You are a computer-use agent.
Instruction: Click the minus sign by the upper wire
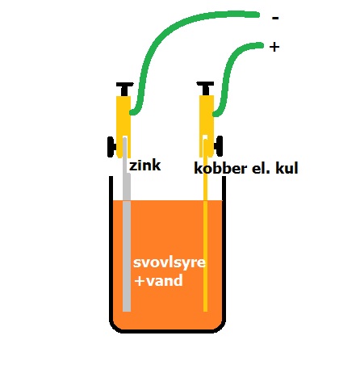tap(275, 19)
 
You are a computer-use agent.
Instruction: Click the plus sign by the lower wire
tap(274, 47)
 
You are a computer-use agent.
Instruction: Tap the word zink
tap(145, 166)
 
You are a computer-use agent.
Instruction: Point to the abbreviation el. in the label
tap(257, 168)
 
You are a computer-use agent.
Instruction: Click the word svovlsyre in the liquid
tap(170, 262)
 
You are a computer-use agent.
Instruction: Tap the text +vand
tap(159, 280)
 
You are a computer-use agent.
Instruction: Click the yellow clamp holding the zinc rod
tap(123, 127)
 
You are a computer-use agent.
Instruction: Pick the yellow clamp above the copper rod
tap(207, 126)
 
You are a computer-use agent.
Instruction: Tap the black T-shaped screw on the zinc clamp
tap(125, 89)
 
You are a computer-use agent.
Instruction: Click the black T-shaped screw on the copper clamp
tap(205, 88)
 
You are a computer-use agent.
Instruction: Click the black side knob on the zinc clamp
tap(111, 147)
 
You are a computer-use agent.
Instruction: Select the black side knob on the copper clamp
tap(219, 146)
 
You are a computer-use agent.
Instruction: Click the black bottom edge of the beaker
tap(167, 331)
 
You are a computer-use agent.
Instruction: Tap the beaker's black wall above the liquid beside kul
tap(224, 188)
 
